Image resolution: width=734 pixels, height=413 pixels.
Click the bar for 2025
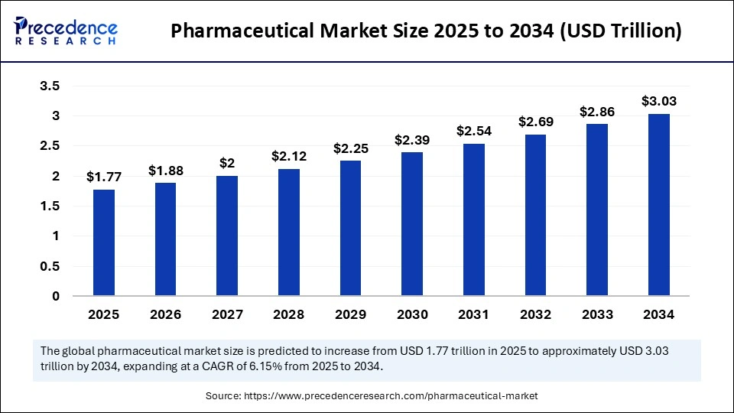(x=104, y=242)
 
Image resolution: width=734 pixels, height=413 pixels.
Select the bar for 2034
(x=659, y=204)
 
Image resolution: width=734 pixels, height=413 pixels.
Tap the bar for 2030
(x=412, y=223)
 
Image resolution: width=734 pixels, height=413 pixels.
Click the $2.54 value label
(x=474, y=131)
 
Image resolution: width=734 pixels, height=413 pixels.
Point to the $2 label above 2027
(x=227, y=163)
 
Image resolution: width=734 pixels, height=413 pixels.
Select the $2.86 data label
(x=597, y=112)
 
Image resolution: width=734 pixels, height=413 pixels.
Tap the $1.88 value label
(x=166, y=170)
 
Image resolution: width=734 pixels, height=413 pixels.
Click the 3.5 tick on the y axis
(x=50, y=86)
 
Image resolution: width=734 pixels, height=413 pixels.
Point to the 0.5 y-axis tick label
(x=50, y=266)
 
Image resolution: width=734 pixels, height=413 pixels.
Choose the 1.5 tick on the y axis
(x=50, y=206)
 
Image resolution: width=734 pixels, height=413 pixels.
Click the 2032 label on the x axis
(x=536, y=314)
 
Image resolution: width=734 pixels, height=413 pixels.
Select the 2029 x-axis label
(x=350, y=314)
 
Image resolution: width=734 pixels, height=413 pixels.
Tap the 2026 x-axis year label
(x=165, y=314)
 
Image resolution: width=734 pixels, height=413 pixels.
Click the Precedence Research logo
(x=66, y=31)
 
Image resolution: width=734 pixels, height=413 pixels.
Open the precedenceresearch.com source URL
(x=391, y=395)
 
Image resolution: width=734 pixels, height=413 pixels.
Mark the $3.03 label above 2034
(x=659, y=101)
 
